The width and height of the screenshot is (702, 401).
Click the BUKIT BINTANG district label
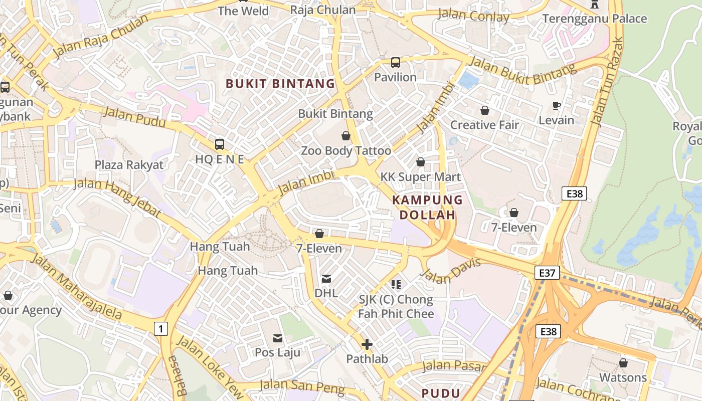click(280, 84)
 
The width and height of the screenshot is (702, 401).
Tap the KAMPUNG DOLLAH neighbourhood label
click(427, 208)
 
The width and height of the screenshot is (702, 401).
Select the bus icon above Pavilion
click(396, 63)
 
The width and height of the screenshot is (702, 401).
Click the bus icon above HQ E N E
click(220, 144)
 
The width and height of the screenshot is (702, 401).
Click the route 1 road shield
click(160, 329)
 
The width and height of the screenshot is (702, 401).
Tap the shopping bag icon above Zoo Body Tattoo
click(345, 136)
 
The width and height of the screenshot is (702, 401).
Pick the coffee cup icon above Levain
click(556, 105)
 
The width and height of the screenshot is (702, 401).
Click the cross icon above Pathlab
click(367, 344)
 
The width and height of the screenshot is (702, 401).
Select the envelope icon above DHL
click(326, 278)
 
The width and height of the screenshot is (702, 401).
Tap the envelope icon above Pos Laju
click(277, 338)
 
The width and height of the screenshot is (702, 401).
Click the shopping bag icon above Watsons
click(623, 362)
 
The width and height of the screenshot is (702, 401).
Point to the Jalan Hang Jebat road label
click(118, 197)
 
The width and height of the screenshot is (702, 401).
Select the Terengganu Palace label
click(595, 19)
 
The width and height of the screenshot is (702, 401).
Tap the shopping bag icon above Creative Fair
click(484, 110)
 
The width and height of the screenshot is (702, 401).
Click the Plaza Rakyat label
click(129, 165)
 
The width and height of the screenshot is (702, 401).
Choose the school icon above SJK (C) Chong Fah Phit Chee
click(396, 285)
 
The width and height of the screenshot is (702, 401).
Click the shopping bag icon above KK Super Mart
click(421, 162)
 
